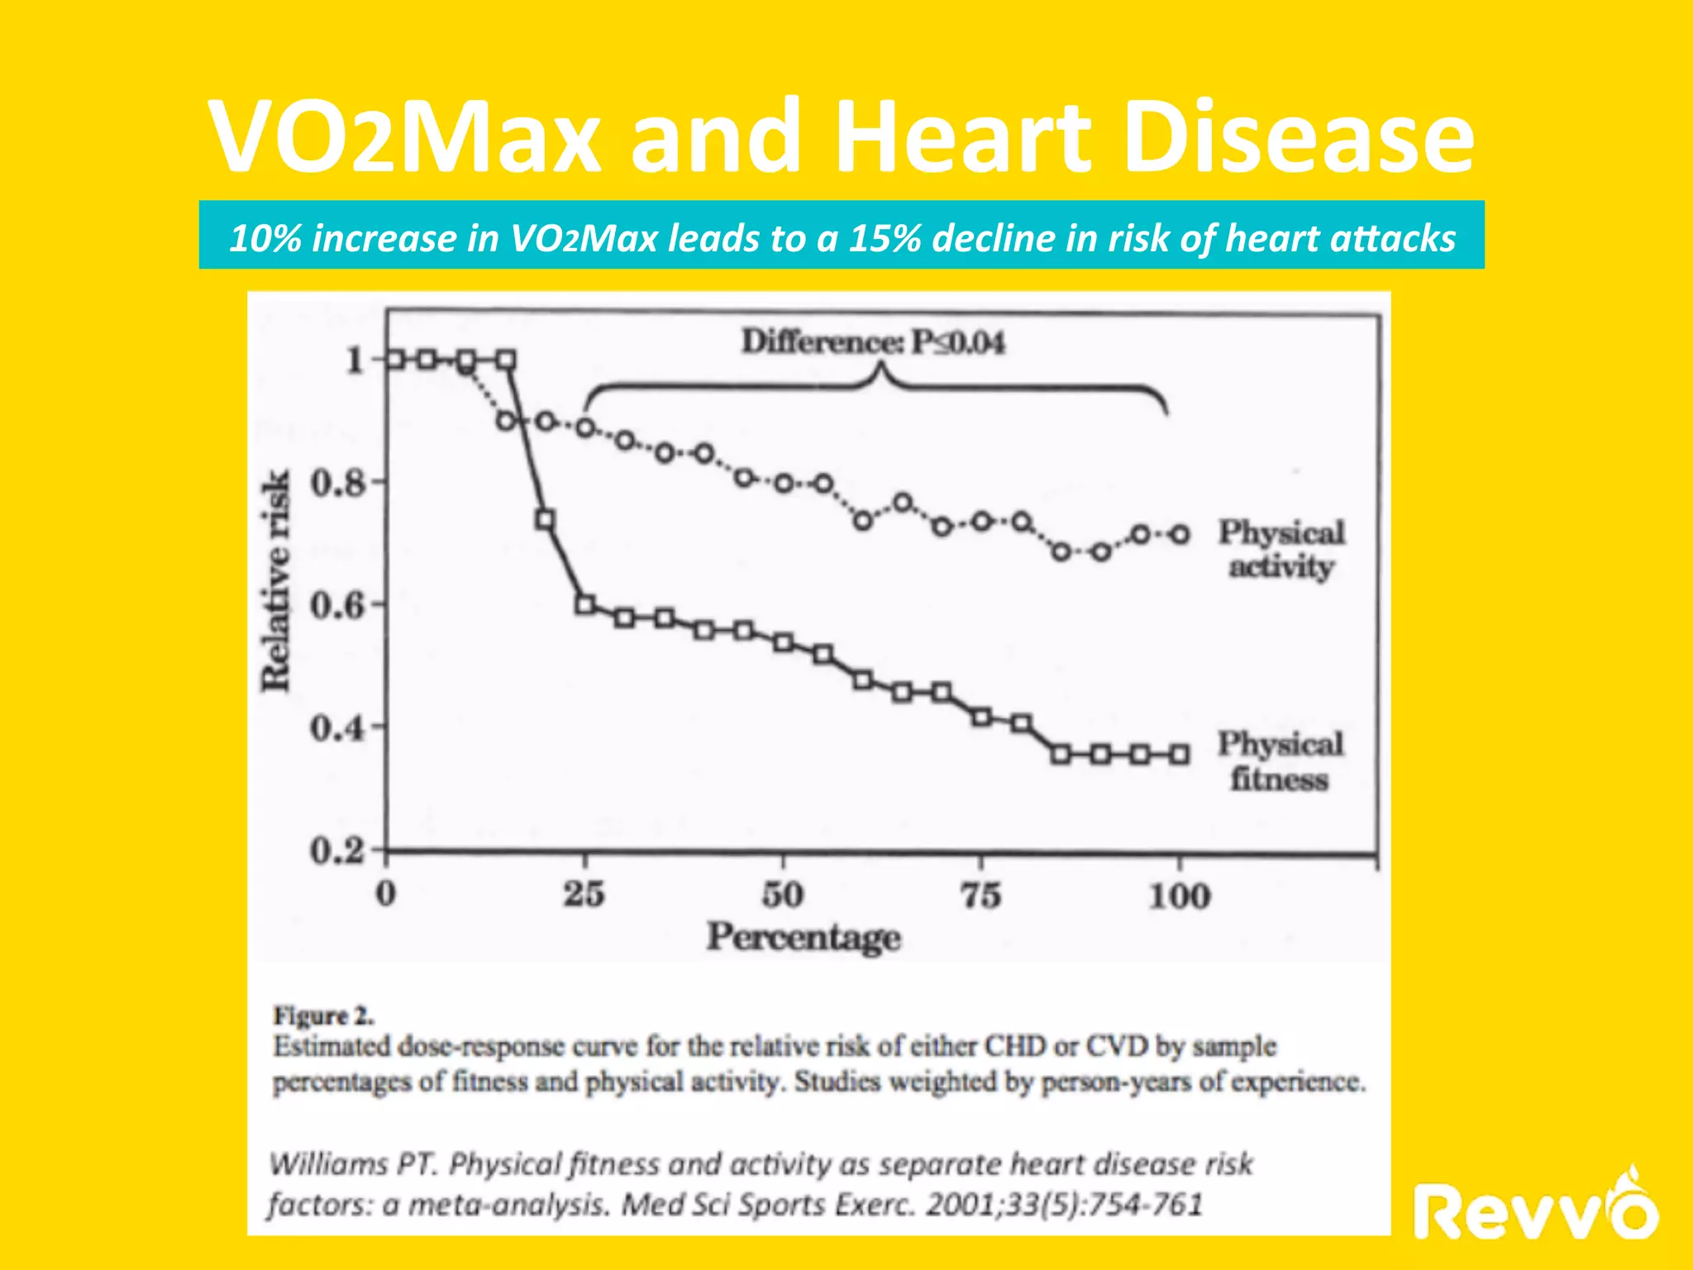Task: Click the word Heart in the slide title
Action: (964, 136)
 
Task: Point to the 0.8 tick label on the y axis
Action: (336, 482)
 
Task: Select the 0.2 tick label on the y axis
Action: (336, 850)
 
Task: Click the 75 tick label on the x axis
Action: (981, 895)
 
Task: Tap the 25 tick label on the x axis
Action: (584, 895)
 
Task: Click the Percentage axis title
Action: (803, 938)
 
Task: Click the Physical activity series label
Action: (1281, 550)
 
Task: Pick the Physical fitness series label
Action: (1280, 762)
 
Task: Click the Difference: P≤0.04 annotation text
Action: (873, 341)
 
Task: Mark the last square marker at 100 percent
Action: (1180, 754)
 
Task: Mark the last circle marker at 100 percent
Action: (1180, 535)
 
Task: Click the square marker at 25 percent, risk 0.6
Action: (585, 604)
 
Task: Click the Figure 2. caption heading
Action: (324, 1015)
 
